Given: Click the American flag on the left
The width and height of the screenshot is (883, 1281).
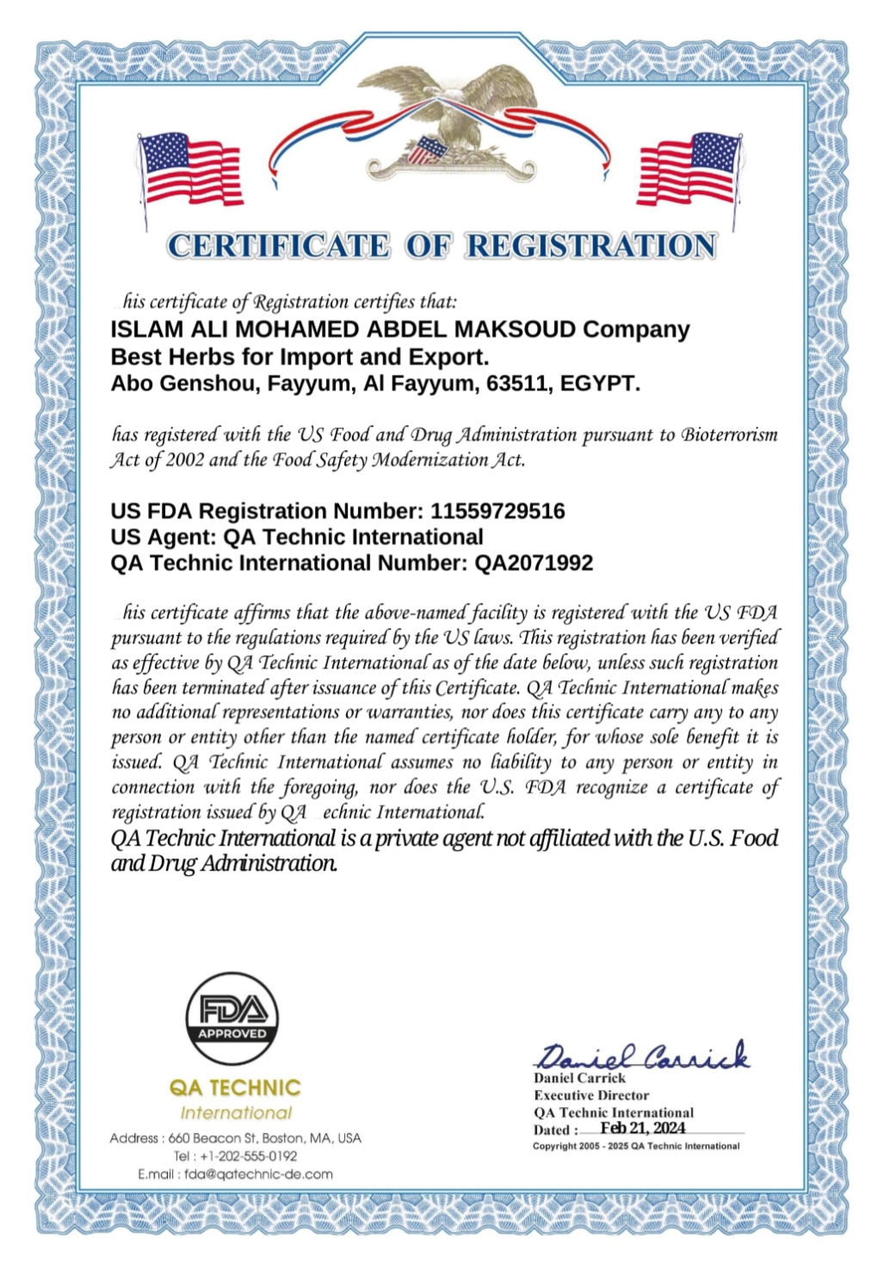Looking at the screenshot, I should coord(190,171).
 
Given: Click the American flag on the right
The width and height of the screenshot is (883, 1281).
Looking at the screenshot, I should coord(689,169).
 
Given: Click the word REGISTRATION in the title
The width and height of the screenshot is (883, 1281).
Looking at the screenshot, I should coord(590,246).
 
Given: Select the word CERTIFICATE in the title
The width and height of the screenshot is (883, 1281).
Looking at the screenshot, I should coord(278,246).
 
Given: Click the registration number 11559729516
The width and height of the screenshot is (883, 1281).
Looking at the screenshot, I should coord(497,511).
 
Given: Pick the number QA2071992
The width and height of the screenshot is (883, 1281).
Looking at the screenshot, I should coord(534,563).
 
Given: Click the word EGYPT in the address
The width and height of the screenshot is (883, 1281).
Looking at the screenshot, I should coord(600,383).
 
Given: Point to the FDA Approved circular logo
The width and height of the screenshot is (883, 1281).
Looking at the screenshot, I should coord(232,1019).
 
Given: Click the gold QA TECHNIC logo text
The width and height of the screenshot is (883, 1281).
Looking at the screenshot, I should coord(235,1087).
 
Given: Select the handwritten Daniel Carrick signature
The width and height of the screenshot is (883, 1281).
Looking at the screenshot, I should coord(642,1054).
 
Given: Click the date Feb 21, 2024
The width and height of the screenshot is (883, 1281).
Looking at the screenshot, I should coord(643,1128).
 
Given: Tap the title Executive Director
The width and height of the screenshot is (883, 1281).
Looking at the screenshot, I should coord(591,1095).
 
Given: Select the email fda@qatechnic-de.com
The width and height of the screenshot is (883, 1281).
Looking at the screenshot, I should coord(258,1173).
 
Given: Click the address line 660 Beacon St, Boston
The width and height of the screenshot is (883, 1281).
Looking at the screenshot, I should coord(236,1137).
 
